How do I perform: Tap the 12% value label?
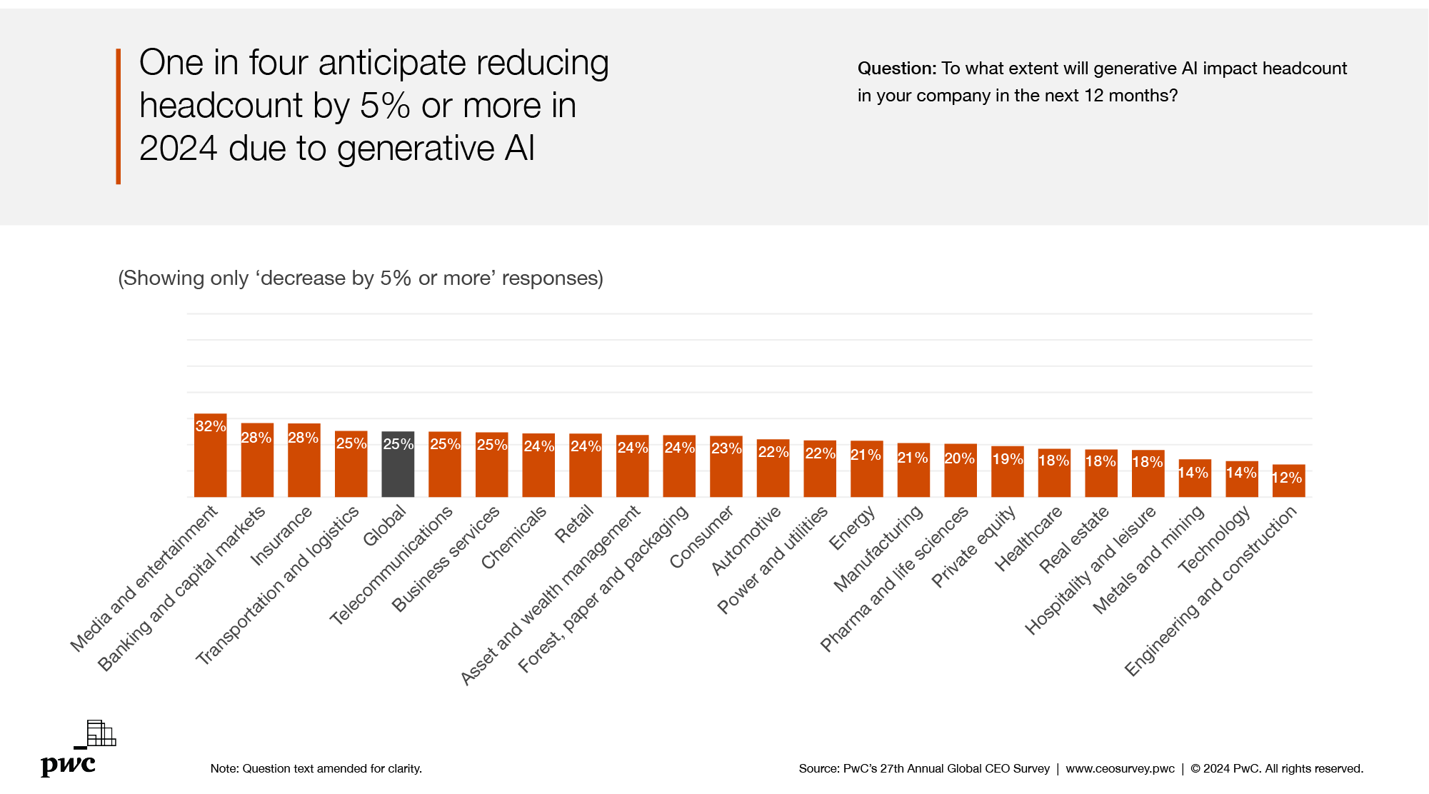pyautogui.click(x=1287, y=478)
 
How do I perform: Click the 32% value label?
pyautogui.click(x=210, y=426)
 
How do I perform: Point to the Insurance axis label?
pyautogui.click(x=282, y=536)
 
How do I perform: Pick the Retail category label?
pyautogui.click(x=575, y=523)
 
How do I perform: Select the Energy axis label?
pyautogui.click(x=852, y=528)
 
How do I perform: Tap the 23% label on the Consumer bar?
pyautogui.click(x=726, y=448)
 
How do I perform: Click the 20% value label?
pyautogui.click(x=959, y=458)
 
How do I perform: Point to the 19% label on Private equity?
pyautogui.click(x=1007, y=459)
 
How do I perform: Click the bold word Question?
pyautogui.click(x=896, y=69)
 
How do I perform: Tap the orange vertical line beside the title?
pyautogui.click(x=119, y=116)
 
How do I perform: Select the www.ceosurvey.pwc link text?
pyautogui.click(x=1120, y=768)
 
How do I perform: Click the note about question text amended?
pyautogui.click(x=316, y=768)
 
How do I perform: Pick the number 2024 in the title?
pyautogui.click(x=178, y=149)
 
